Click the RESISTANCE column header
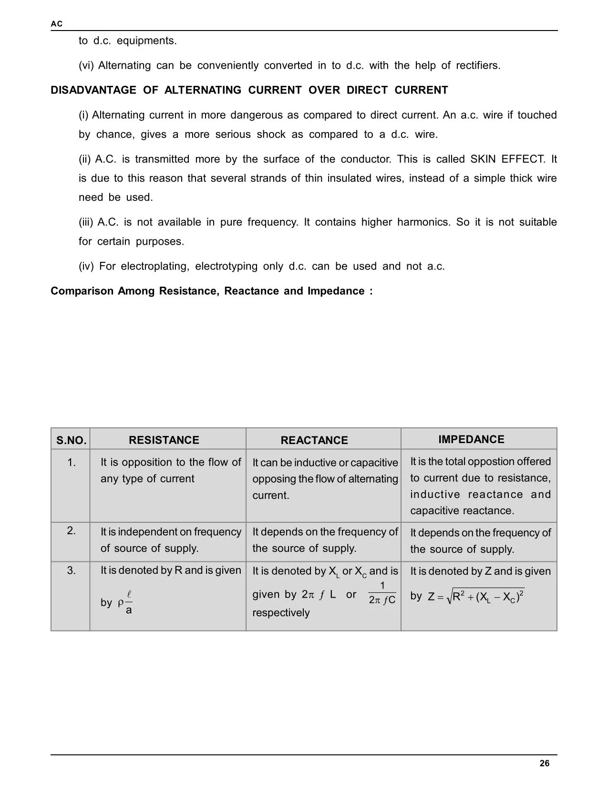(x=164, y=440)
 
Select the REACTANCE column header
(x=314, y=440)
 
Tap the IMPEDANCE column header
(x=471, y=439)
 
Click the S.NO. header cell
(x=71, y=440)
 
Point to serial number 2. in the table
(x=71, y=530)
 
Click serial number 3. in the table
(x=71, y=570)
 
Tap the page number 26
(x=544, y=764)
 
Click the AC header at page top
(x=56, y=24)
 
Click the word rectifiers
(x=478, y=65)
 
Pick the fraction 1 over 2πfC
(x=382, y=593)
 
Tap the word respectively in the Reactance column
(x=281, y=612)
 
